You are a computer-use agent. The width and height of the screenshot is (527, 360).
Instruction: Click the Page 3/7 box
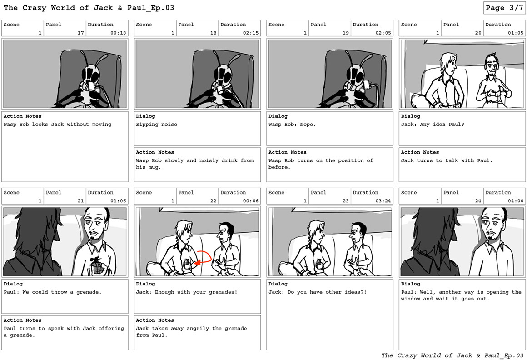click(x=504, y=8)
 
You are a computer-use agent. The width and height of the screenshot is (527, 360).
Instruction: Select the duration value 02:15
click(x=251, y=33)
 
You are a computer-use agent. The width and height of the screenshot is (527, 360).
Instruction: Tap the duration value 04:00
click(x=516, y=201)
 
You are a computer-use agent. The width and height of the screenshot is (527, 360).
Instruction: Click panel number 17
click(x=81, y=33)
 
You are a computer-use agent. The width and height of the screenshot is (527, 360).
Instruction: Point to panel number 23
click(x=346, y=201)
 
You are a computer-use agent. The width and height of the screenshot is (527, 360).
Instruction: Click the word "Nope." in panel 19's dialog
click(x=308, y=125)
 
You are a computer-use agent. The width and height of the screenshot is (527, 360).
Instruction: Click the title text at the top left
click(x=89, y=8)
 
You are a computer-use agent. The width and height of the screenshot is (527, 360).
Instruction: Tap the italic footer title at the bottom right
click(x=452, y=355)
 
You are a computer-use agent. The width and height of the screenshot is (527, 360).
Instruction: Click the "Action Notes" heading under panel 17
click(x=23, y=116)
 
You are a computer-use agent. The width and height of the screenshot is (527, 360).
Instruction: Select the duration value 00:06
click(x=251, y=201)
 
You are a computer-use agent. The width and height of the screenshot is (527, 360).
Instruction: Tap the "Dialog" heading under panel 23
click(x=278, y=284)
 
